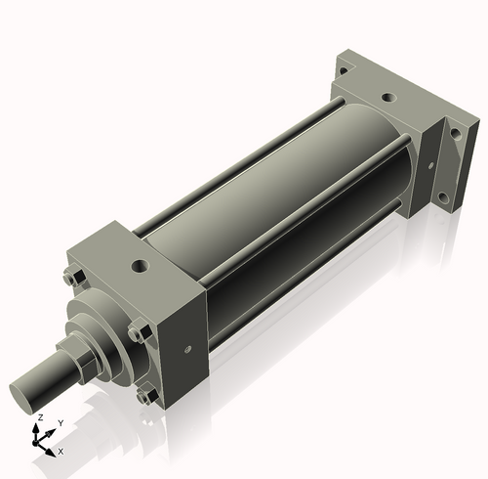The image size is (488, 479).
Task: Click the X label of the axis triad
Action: tap(61, 452)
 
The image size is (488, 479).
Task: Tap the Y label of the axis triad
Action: tap(61, 423)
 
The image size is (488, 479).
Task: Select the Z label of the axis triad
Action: tap(40, 417)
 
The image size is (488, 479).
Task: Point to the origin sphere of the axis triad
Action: tap(35, 443)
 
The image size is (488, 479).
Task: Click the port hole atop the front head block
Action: tap(141, 266)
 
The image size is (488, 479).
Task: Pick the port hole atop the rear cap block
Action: tap(388, 97)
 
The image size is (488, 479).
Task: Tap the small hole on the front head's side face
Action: tap(187, 350)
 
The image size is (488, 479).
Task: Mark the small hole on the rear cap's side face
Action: tap(431, 165)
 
